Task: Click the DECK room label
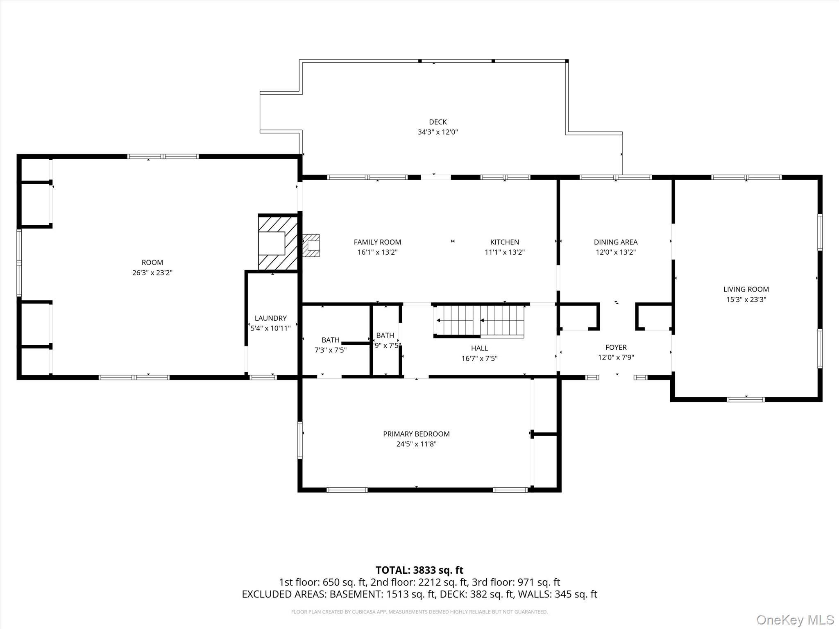[438, 122]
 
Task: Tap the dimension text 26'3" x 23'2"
[152, 273]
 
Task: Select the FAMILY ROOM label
[377, 242]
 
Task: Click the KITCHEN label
[504, 242]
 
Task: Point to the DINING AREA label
[615, 242]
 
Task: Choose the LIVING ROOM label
[746, 289]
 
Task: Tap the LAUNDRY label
[270, 318]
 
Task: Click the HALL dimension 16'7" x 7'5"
[479, 358]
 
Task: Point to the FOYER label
[616, 347]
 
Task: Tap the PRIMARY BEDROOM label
[416, 434]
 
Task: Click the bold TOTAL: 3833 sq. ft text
[419, 570]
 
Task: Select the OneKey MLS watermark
[794, 620]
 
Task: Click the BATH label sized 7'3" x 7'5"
[330, 340]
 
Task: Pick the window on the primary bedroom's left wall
[300, 440]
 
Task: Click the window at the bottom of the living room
[746, 399]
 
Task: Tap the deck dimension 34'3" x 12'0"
[438, 132]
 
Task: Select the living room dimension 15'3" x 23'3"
[746, 299]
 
